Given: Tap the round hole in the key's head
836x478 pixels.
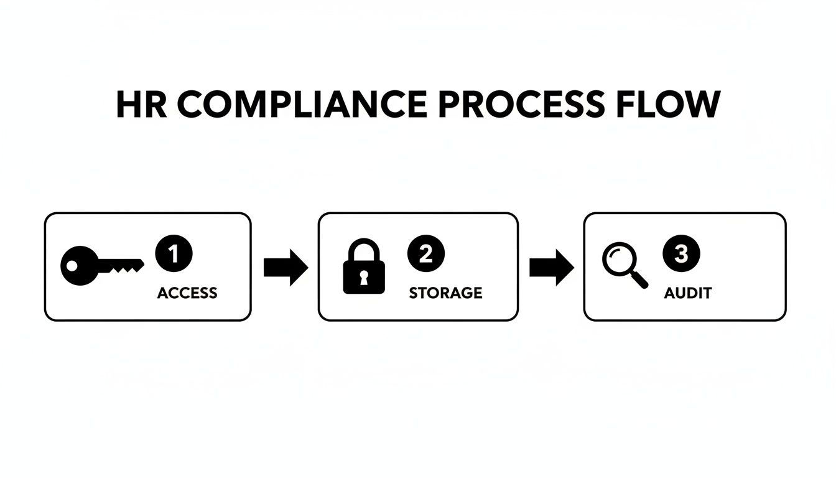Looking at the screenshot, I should point(72,266).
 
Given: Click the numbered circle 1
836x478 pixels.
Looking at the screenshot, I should point(174,254).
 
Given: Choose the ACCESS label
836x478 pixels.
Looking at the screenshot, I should point(187,293).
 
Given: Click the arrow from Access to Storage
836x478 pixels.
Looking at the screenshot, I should point(286,268).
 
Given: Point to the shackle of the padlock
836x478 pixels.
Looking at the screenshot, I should point(364,251).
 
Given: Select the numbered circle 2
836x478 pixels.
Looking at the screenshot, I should point(426,254).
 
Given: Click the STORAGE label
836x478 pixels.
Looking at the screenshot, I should point(445,293).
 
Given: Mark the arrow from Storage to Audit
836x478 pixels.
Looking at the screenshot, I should point(551,268).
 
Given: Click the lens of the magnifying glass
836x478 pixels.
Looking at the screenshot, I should point(617,260).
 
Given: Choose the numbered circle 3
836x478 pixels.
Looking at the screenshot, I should point(682,254).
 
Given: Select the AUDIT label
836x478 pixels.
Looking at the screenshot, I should point(687,293).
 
